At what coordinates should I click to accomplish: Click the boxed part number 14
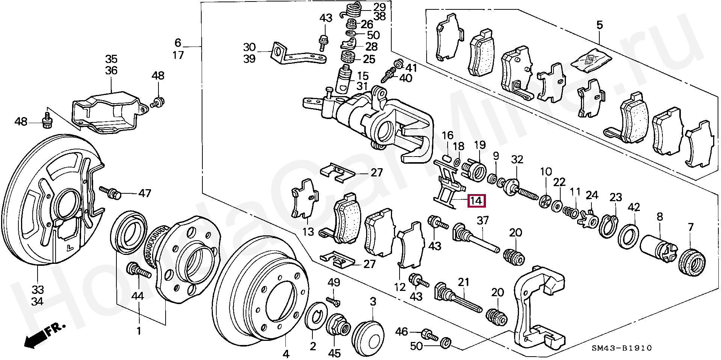(476, 201)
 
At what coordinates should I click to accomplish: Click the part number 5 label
(599, 25)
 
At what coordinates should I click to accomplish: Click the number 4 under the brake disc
(286, 353)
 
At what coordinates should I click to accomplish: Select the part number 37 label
(482, 220)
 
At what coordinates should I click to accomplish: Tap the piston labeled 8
(656, 247)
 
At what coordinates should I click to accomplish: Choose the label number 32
(517, 160)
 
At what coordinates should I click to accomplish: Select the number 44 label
(137, 296)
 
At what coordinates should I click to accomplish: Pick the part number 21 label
(463, 282)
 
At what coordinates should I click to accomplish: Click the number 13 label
(308, 232)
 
